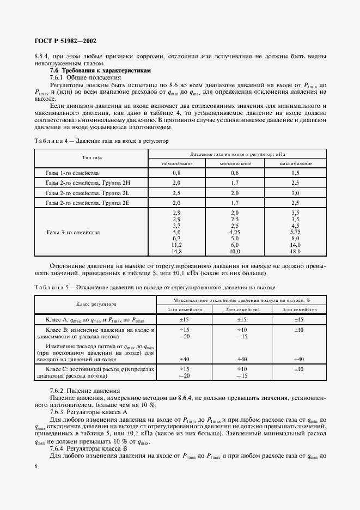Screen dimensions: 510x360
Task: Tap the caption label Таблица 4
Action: pos(50,141)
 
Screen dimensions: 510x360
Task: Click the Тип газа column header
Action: pos(91,158)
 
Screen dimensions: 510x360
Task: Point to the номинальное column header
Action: pos(176,163)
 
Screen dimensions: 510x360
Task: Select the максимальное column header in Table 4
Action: pos(296,163)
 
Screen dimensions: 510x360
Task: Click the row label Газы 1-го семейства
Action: pos(70,173)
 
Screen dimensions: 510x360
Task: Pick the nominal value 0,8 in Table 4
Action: pos(176,173)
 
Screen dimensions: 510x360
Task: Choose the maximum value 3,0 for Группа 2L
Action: pos(296,193)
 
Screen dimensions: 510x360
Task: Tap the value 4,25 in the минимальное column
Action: pos(235,232)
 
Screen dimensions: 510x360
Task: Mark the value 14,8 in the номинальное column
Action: pos(176,252)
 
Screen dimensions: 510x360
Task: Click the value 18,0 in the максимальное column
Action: pos(296,252)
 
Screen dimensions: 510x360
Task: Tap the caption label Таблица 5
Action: pos(50,286)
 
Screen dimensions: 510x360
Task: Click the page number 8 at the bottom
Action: pos(35,466)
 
